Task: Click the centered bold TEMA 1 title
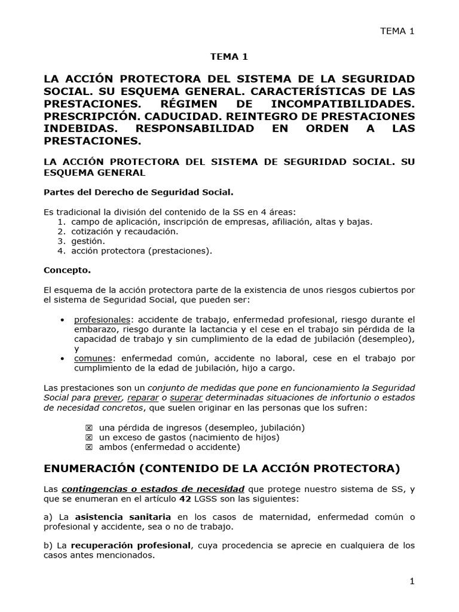tap(228, 57)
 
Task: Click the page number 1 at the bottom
tap(412, 581)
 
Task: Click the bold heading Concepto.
tap(67, 270)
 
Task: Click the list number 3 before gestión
tap(61, 241)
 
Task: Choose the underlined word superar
tap(185, 397)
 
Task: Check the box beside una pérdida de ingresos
tap(89, 428)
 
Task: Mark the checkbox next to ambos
tap(89, 447)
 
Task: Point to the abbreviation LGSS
tap(200, 498)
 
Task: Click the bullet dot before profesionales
tap(63, 320)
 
